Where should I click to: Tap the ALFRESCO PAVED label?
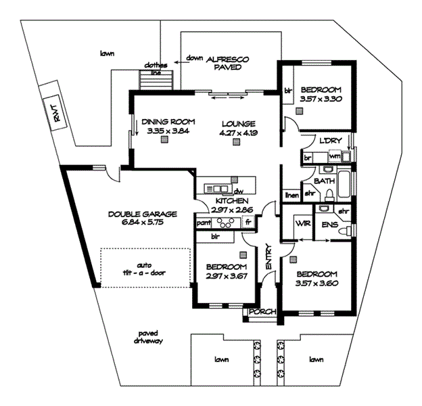[x=227, y=64]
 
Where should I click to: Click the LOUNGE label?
[x=237, y=124]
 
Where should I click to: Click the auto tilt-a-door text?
[x=144, y=269]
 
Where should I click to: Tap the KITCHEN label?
[x=232, y=202]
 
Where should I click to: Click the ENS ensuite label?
[x=329, y=225]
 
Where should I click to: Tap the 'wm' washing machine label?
[x=333, y=156]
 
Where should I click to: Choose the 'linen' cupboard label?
[x=291, y=196]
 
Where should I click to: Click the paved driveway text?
[x=148, y=337]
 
